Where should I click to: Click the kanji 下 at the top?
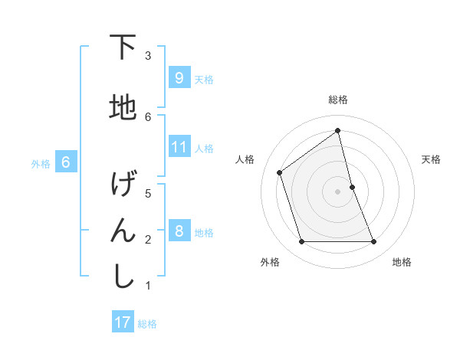pyautogui.click(x=123, y=47)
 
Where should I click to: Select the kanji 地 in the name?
pyautogui.click(x=123, y=108)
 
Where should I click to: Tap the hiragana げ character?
pyautogui.click(x=123, y=185)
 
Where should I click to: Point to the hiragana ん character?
pyautogui.click(x=123, y=231)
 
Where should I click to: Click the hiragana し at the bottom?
pyautogui.click(x=123, y=277)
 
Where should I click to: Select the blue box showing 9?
pyautogui.click(x=179, y=78)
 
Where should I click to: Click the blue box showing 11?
pyautogui.click(x=179, y=147)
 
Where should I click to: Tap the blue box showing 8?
pyautogui.click(x=179, y=231)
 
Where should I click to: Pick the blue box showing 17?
pyautogui.click(x=123, y=322)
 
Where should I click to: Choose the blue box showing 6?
pyautogui.click(x=66, y=162)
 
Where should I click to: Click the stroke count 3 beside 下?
pyautogui.click(x=149, y=56)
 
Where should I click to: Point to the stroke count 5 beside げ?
pyautogui.click(x=149, y=193)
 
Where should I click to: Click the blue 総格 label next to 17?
pyautogui.click(x=147, y=323)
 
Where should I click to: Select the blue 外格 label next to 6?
pyautogui.click(x=41, y=163)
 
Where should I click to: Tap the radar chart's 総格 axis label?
pyautogui.click(x=338, y=100)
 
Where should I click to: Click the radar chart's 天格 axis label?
pyautogui.click(x=432, y=159)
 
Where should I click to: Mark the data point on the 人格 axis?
pyautogui.click(x=280, y=172)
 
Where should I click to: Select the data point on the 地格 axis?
pyautogui.click(x=374, y=242)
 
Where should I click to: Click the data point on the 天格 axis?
pyautogui.click(x=352, y=187)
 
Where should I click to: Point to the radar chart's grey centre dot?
pyautogui.click(x=337, y=191)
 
